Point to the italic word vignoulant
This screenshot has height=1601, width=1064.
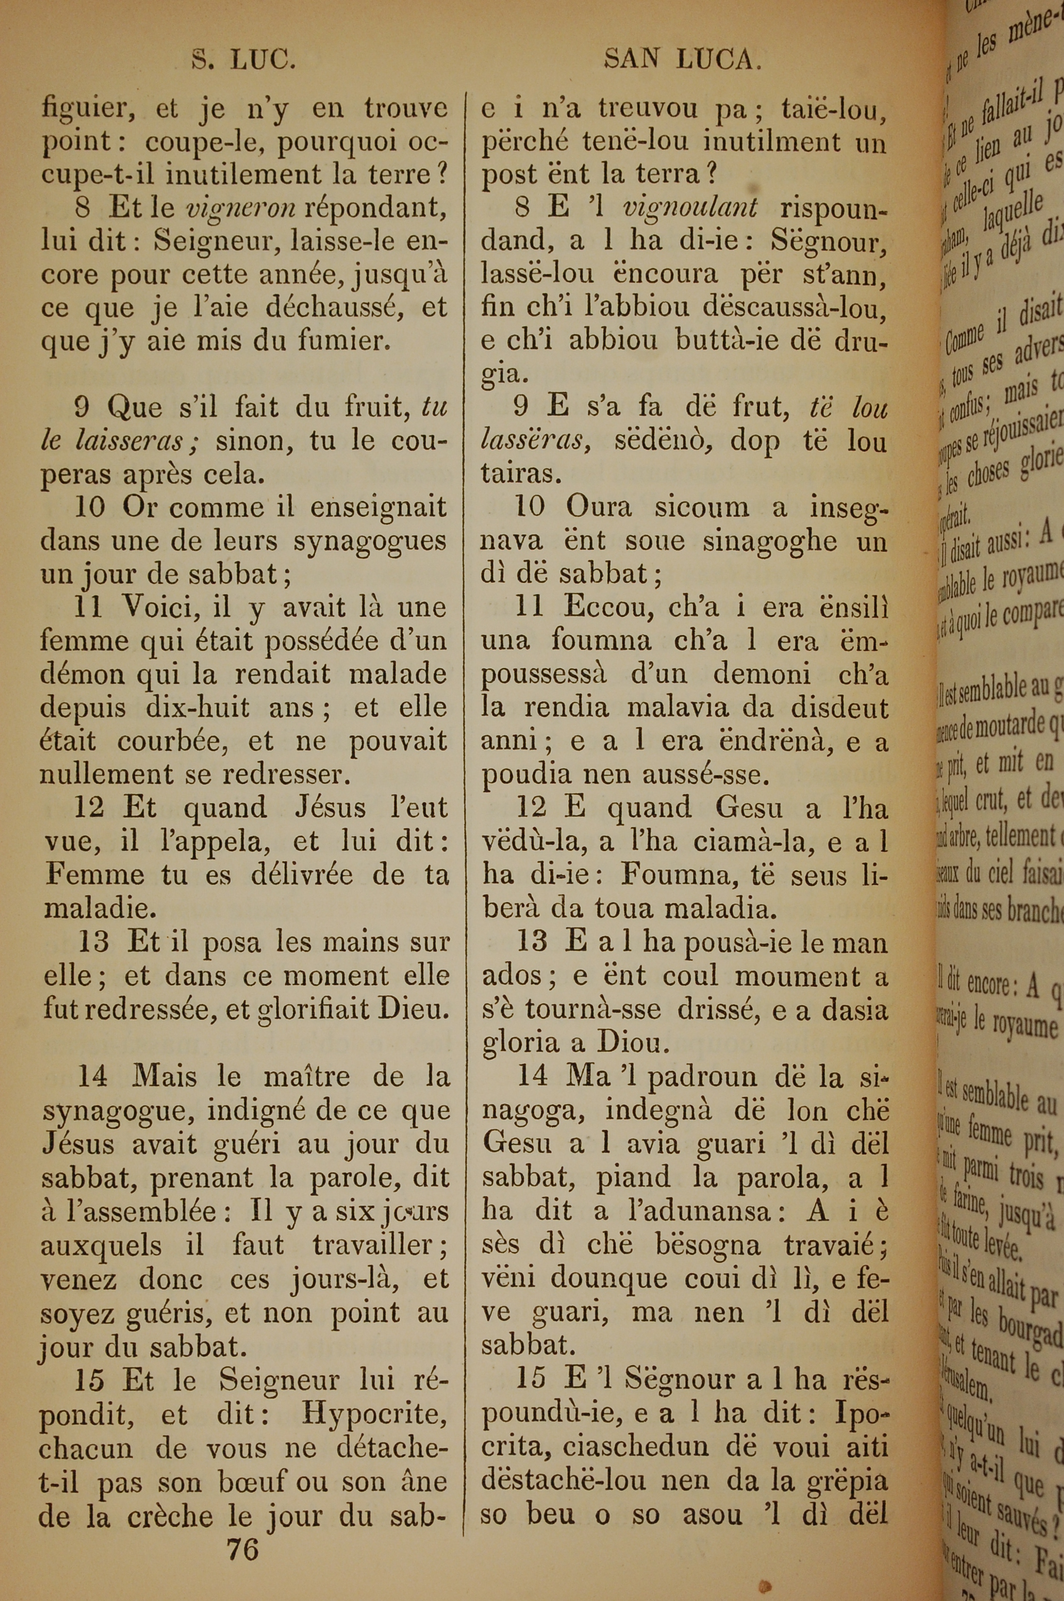coord(690,208)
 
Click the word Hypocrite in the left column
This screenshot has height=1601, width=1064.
coord(375,1394)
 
